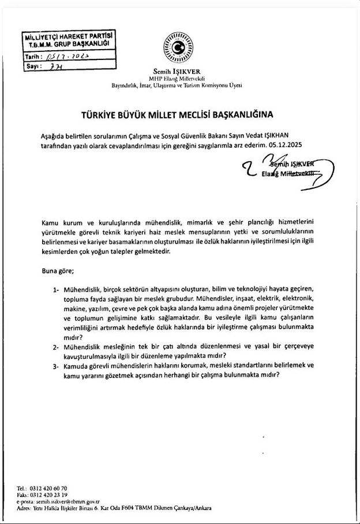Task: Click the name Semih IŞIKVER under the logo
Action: pos(177,70)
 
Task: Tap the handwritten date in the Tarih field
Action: pos(67,57)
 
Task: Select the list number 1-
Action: pos(56,287)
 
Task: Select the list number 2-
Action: pos(56,348)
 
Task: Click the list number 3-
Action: pos(56,365)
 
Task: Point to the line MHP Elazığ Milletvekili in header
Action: pos(177,78)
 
